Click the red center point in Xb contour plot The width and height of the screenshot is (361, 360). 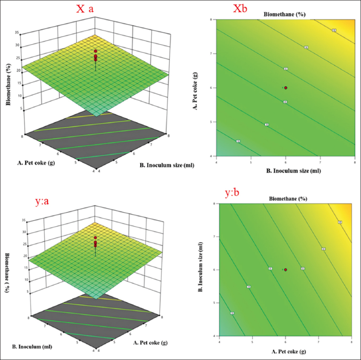tap(286, 88)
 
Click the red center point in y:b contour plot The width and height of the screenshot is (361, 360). tap(286, 269)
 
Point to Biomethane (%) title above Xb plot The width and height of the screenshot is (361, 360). tap(286, 14)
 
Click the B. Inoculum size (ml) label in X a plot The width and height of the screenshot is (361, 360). tap(163, 166)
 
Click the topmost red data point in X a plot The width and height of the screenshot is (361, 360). tap(96, 50)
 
